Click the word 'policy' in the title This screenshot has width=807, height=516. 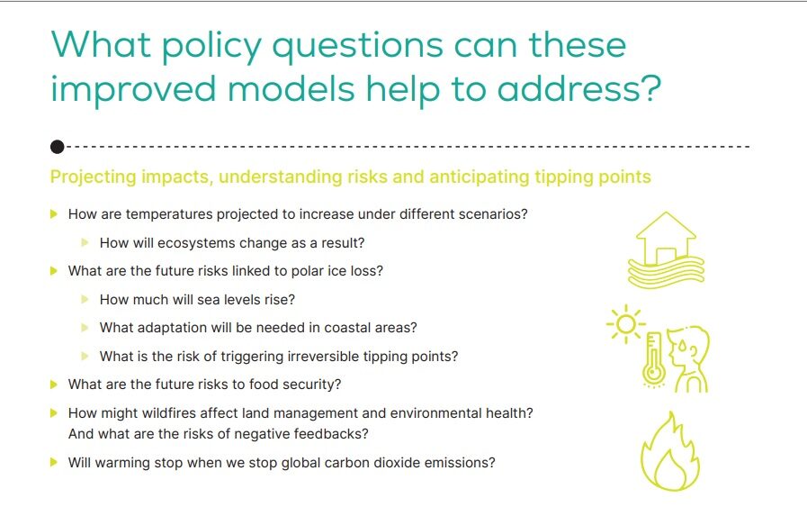[x=212, y=46]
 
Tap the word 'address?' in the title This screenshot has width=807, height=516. [x=579, y=88]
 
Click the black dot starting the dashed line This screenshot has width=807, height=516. [x=57, y=147]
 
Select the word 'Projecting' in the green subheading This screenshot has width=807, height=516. [x=94, y=177]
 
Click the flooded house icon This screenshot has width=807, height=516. [x=666, y=249]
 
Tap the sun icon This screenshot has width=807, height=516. [x=626, y=324]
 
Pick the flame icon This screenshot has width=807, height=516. [x=670, y=451]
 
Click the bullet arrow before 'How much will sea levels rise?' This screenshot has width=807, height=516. [x=85, y=299]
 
